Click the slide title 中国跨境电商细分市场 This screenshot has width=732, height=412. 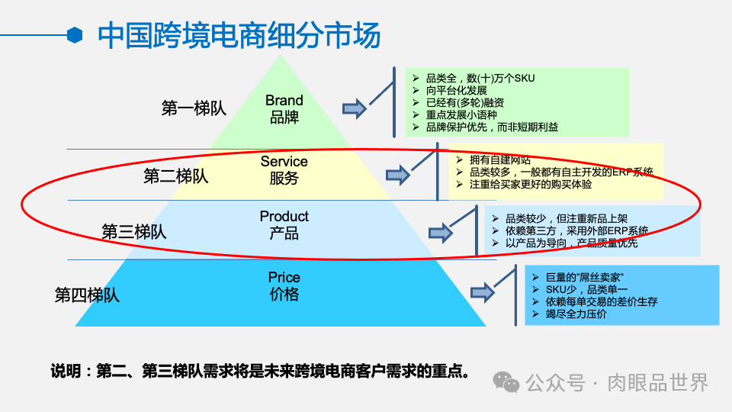tap(239, 36)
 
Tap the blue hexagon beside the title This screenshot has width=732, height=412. tap(75, 35)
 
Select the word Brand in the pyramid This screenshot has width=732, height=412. tap(284, 101)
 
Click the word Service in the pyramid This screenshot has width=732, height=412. tap(284, 162)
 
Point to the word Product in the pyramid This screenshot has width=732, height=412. tap(284, 217)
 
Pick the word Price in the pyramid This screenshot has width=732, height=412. tap(284, 277)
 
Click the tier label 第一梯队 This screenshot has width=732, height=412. tap(194, 108)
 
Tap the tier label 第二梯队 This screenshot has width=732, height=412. tap(175, 176)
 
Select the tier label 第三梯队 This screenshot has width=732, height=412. tap(134, 231)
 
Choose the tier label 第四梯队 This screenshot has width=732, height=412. tap(87, 295)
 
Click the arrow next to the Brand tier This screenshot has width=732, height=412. tap(354, 109)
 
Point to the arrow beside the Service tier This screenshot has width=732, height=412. tap(397, 175)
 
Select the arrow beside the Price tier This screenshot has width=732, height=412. tap(482, 292)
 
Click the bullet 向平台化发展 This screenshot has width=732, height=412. tap(456, 90)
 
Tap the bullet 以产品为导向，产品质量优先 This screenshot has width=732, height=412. tap(571, 243)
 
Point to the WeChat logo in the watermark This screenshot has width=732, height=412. tap(505, 381)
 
